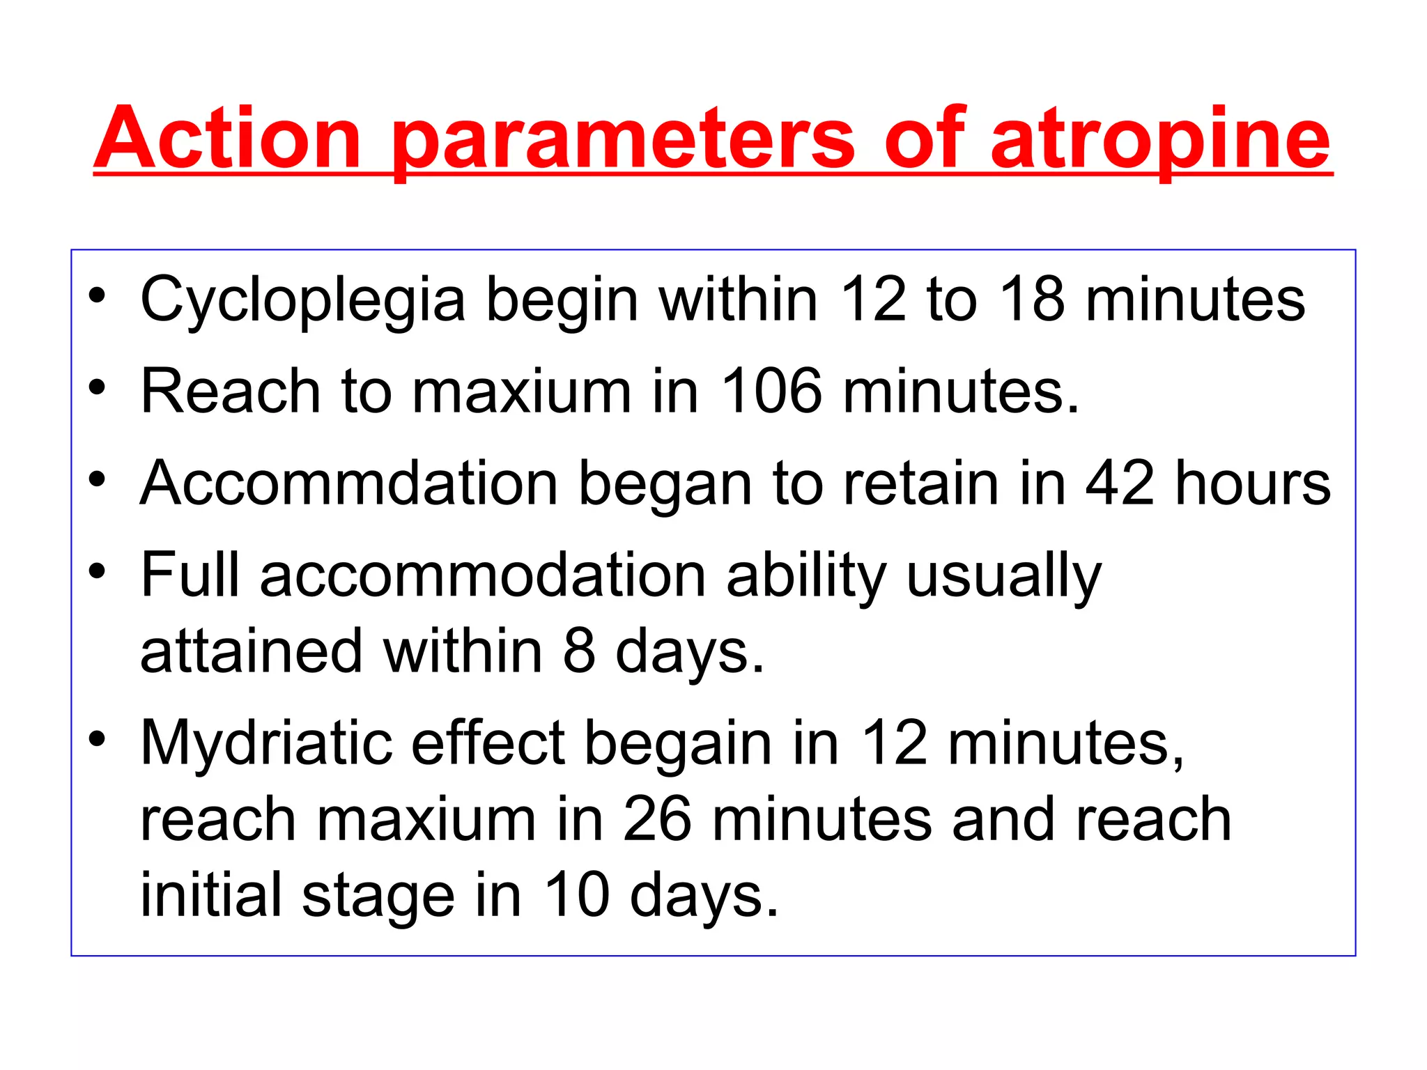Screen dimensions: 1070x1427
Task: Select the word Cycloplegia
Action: click(303, 300)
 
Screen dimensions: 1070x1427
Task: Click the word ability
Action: click(806, 576)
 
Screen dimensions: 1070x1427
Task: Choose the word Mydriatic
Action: click(265, 743)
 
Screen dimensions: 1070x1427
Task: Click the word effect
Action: click(488, 743)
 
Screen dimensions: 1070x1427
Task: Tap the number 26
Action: click(657, 820)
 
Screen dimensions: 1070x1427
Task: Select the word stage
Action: click(378, 897)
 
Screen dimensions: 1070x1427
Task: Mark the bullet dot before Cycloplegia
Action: click(97, 295)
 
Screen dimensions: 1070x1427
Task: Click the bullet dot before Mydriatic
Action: click(97, 738)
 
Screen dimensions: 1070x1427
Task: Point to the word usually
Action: click(1004, 576)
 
